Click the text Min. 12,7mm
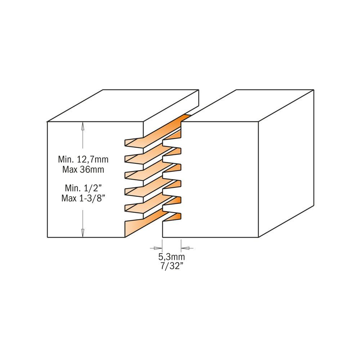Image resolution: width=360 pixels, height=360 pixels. click(x=83, y=159)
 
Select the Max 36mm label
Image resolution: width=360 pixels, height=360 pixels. click(x=83, y=170)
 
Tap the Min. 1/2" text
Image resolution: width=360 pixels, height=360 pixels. click(x=83, y=188)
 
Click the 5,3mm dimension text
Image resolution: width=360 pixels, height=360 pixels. click(x=171, y=256)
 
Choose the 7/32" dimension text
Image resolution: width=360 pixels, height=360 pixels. click(x=171, y=266)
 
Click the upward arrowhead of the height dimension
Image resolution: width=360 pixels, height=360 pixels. click(x=83, y=126)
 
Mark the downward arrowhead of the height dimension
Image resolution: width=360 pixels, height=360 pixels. click(x=83, y=233)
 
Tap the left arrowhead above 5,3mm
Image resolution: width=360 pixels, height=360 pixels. click(x=158, y=248)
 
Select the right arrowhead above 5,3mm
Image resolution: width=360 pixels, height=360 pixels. click(x=185, y=248)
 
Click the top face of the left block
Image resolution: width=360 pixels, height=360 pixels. click(x=123, y=105)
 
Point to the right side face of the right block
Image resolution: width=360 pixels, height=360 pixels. click(x=286, y=163)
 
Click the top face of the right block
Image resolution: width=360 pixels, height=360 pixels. click(x=248, y=105)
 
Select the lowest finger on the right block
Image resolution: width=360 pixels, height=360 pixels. click(x=172, y=217)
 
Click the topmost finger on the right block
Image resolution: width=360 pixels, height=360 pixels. click(x=172, y=135)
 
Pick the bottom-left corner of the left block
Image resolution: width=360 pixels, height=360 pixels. click(x=47, y=237)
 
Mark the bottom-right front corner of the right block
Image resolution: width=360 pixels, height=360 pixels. click(x=258, y=237)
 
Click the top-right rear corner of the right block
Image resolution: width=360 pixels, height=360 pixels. click(x=314, y=90)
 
